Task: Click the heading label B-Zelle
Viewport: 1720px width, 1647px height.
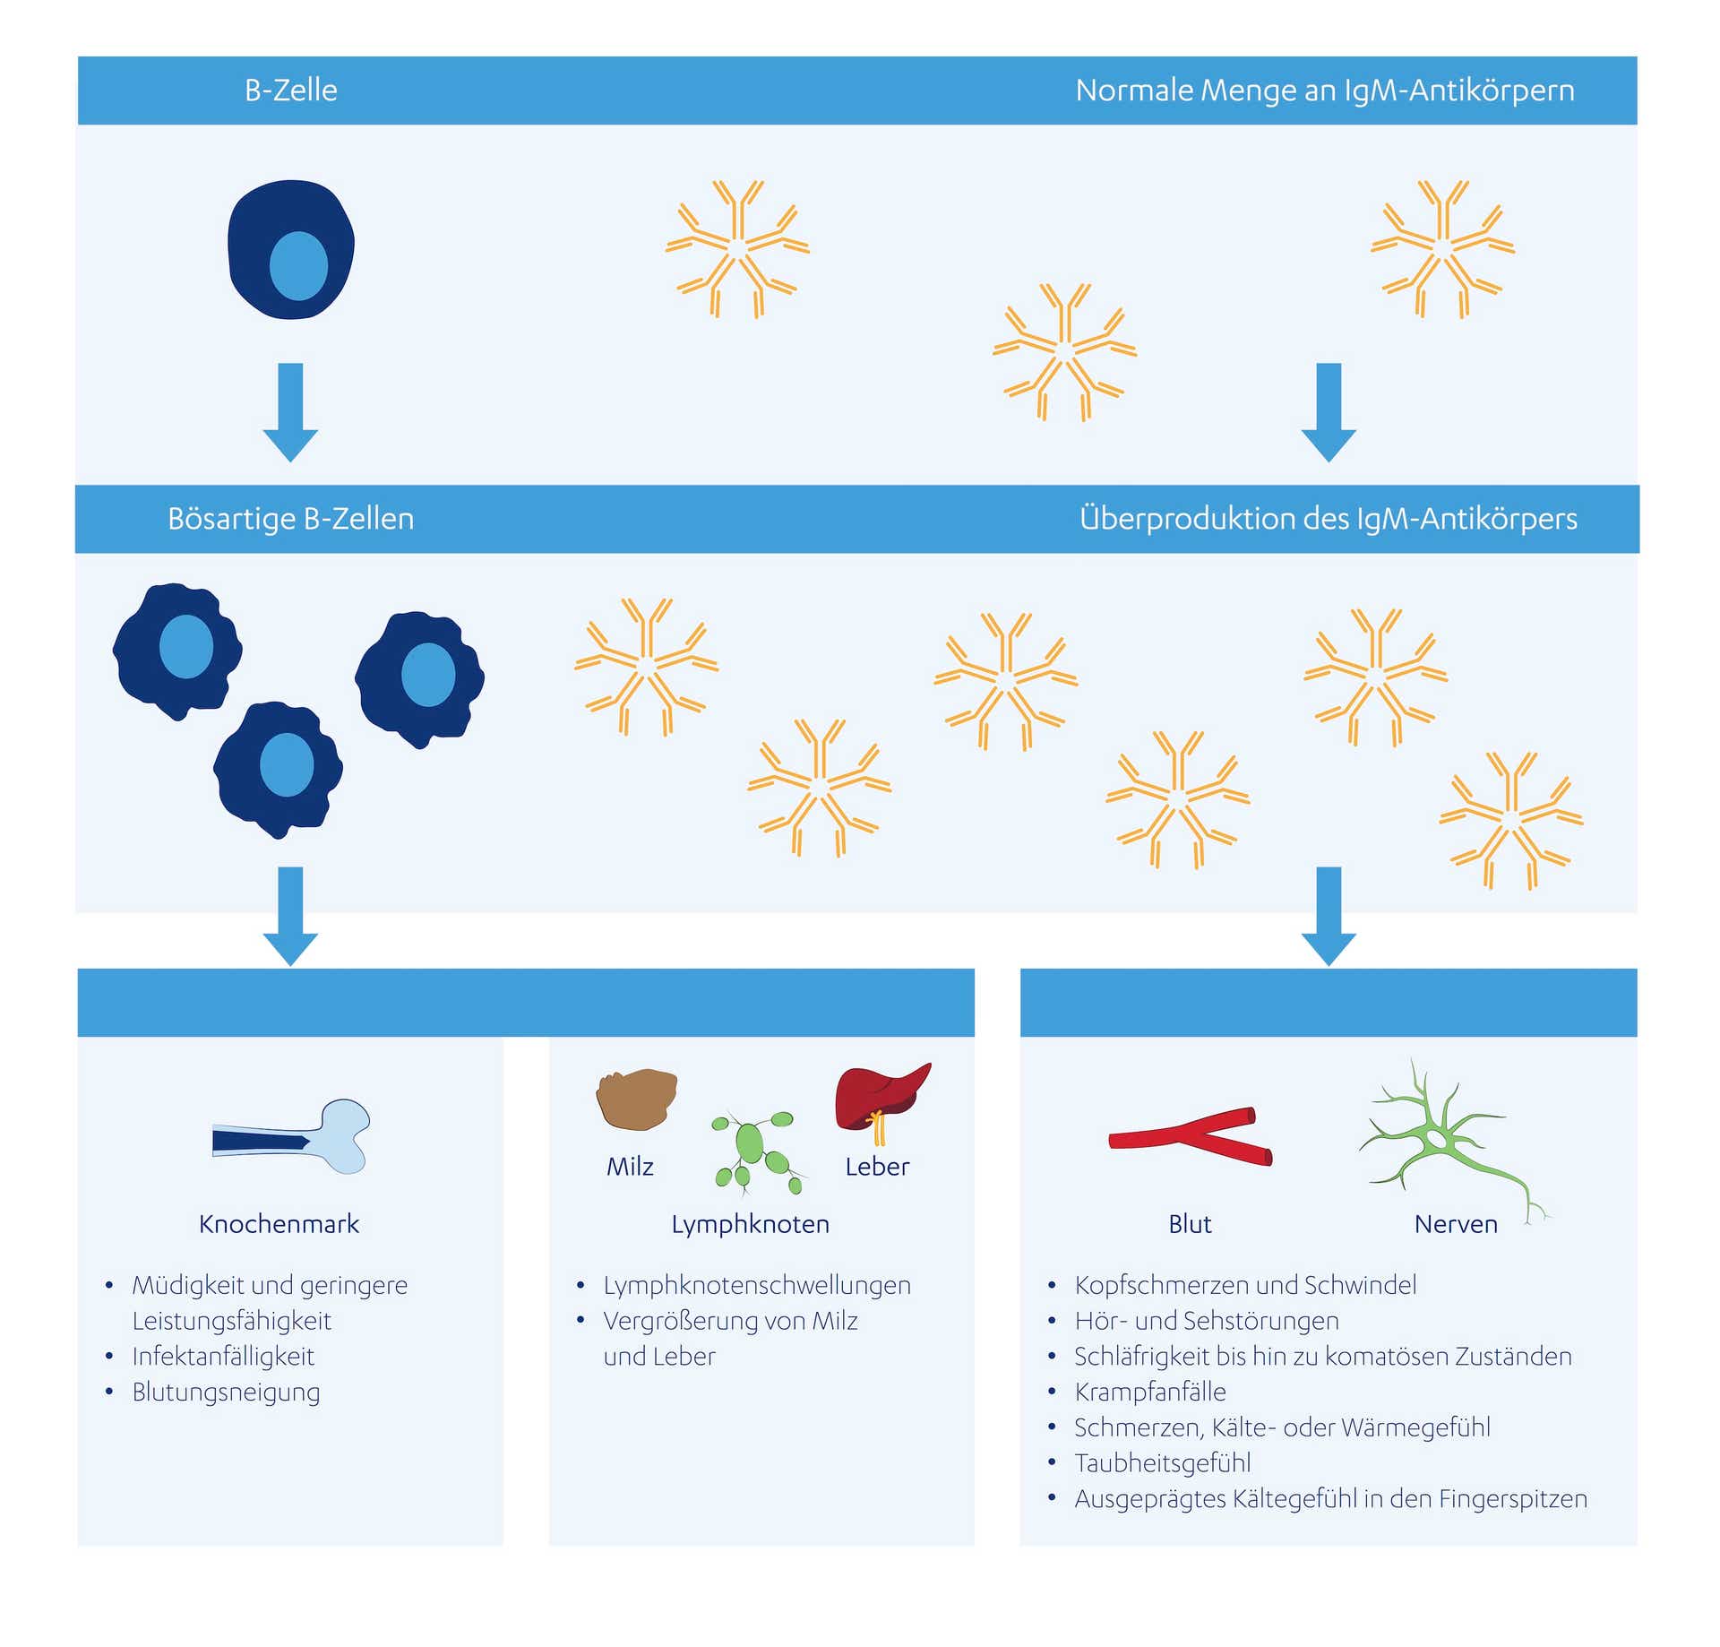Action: click(x=290, y=91)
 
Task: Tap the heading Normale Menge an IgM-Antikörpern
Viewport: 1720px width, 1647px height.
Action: click(x=1324, y=91)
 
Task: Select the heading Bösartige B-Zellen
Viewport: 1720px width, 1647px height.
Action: click(x=290, y=519)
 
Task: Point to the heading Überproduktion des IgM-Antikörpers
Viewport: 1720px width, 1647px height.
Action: click(x=1328, y=519)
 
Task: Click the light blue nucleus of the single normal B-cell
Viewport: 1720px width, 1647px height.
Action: click(x=298, y=266)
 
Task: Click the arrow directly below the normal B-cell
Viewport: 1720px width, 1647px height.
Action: click(x=290, y=412)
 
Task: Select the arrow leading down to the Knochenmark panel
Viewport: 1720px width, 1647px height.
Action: click(x=290, y=916)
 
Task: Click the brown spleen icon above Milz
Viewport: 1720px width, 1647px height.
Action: click(x=636, y=1099)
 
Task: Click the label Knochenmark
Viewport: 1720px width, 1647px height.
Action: click(x=279, y=1224)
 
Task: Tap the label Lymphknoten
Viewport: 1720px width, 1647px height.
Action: click(x=750, y=1224)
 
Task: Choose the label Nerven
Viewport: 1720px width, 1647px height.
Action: click(x=1455, y=1224)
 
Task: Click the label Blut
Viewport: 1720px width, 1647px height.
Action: click(x=1190, y=1224)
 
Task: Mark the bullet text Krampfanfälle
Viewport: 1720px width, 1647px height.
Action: click(x=1149, y=1392)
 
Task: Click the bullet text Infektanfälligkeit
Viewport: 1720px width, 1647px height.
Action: click(x=223, y=1356)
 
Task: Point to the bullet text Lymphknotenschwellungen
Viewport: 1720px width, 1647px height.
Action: click(x=756, y=1285)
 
